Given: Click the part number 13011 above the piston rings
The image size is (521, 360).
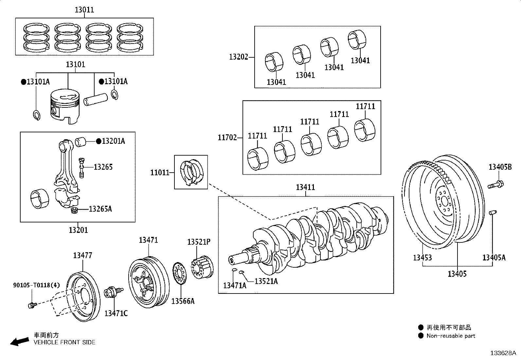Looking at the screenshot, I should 84,10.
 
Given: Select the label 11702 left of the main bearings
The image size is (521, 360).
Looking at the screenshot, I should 227,138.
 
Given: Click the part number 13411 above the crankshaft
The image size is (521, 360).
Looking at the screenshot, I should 305,187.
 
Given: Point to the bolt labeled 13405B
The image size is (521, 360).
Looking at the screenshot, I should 495,184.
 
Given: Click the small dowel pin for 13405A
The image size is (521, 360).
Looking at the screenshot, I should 492,213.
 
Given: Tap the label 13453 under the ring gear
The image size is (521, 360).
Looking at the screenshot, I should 422,257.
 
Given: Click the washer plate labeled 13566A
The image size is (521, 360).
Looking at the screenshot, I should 179,273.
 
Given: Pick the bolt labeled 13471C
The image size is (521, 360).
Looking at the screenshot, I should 112,291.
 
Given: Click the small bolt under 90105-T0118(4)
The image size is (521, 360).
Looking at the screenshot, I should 32,305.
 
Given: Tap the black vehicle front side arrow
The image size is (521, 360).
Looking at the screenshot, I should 19,341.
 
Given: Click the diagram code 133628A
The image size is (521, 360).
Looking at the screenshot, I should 503,353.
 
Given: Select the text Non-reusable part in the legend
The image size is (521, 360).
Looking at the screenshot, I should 451,336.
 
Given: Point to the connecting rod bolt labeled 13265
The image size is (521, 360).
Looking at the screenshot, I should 82,167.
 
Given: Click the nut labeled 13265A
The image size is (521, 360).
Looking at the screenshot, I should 75,210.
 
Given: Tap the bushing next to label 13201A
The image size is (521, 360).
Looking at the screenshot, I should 81,142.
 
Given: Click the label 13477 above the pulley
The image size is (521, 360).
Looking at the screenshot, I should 82,256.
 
